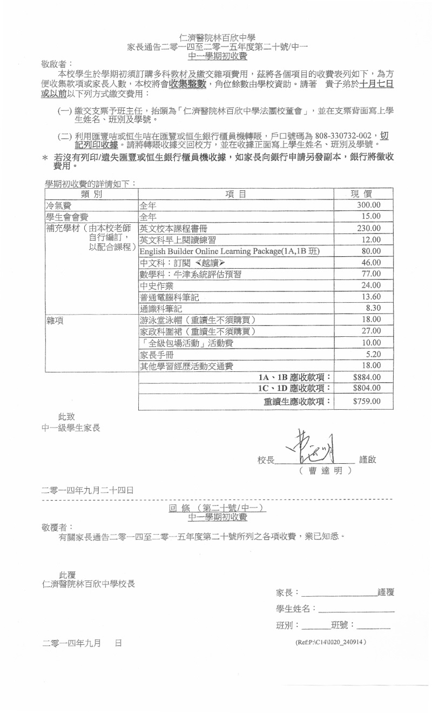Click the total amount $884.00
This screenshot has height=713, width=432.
367,377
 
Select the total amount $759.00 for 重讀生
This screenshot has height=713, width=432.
367,401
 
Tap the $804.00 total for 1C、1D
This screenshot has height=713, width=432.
367,388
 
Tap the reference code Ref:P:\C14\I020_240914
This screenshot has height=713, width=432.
330,642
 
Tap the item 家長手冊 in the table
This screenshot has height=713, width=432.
157,355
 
